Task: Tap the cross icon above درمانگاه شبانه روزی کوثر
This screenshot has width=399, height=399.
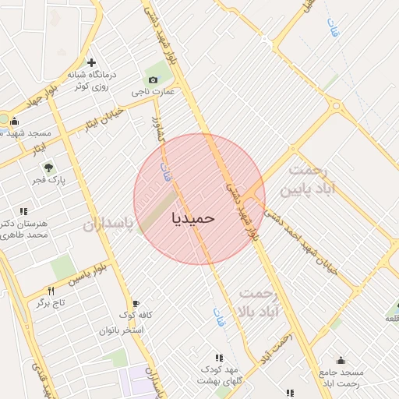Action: (91, 62)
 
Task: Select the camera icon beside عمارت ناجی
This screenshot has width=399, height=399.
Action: (152, 80)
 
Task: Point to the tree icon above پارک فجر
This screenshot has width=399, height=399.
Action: (48, 167)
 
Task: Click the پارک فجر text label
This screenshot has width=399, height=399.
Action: (49, 180)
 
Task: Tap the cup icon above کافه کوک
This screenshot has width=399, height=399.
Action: (136, 303)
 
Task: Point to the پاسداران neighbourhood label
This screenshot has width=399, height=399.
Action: (108, 224)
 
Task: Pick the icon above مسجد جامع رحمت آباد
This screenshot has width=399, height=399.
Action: (341, 360)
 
